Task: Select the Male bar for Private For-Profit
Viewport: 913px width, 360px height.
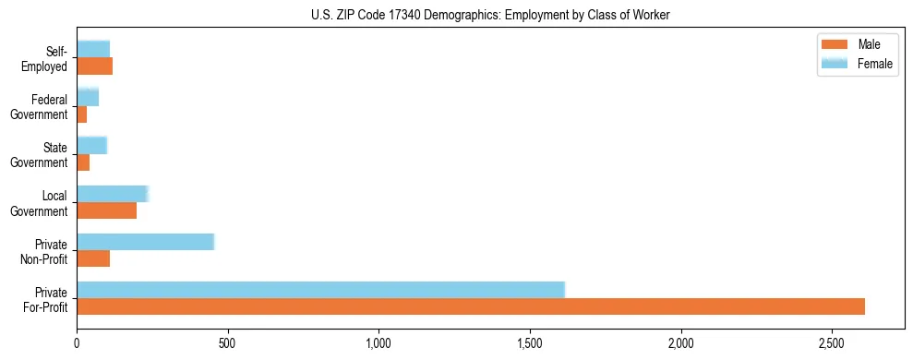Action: click(x=471, y=306)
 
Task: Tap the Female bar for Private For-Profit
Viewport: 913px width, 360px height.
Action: click(x=320, y=290)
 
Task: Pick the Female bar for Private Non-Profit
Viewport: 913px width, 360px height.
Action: click(x=145, y=242)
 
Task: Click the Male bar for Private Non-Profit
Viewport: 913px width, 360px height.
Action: click(x=93, y=258)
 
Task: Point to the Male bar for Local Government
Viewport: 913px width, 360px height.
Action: click(x=106, y=210)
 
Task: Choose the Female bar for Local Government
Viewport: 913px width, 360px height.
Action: click(x=112, y=194)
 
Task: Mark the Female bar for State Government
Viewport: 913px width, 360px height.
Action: click(x=91, y=145)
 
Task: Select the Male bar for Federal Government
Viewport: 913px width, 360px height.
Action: click(x=81, y=114)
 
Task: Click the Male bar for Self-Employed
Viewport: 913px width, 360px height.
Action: click(x=94, y=66)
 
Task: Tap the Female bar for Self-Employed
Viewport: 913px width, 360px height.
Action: click(x=93, y=49)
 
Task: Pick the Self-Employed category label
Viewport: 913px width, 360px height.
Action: click(x=49, y=58)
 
